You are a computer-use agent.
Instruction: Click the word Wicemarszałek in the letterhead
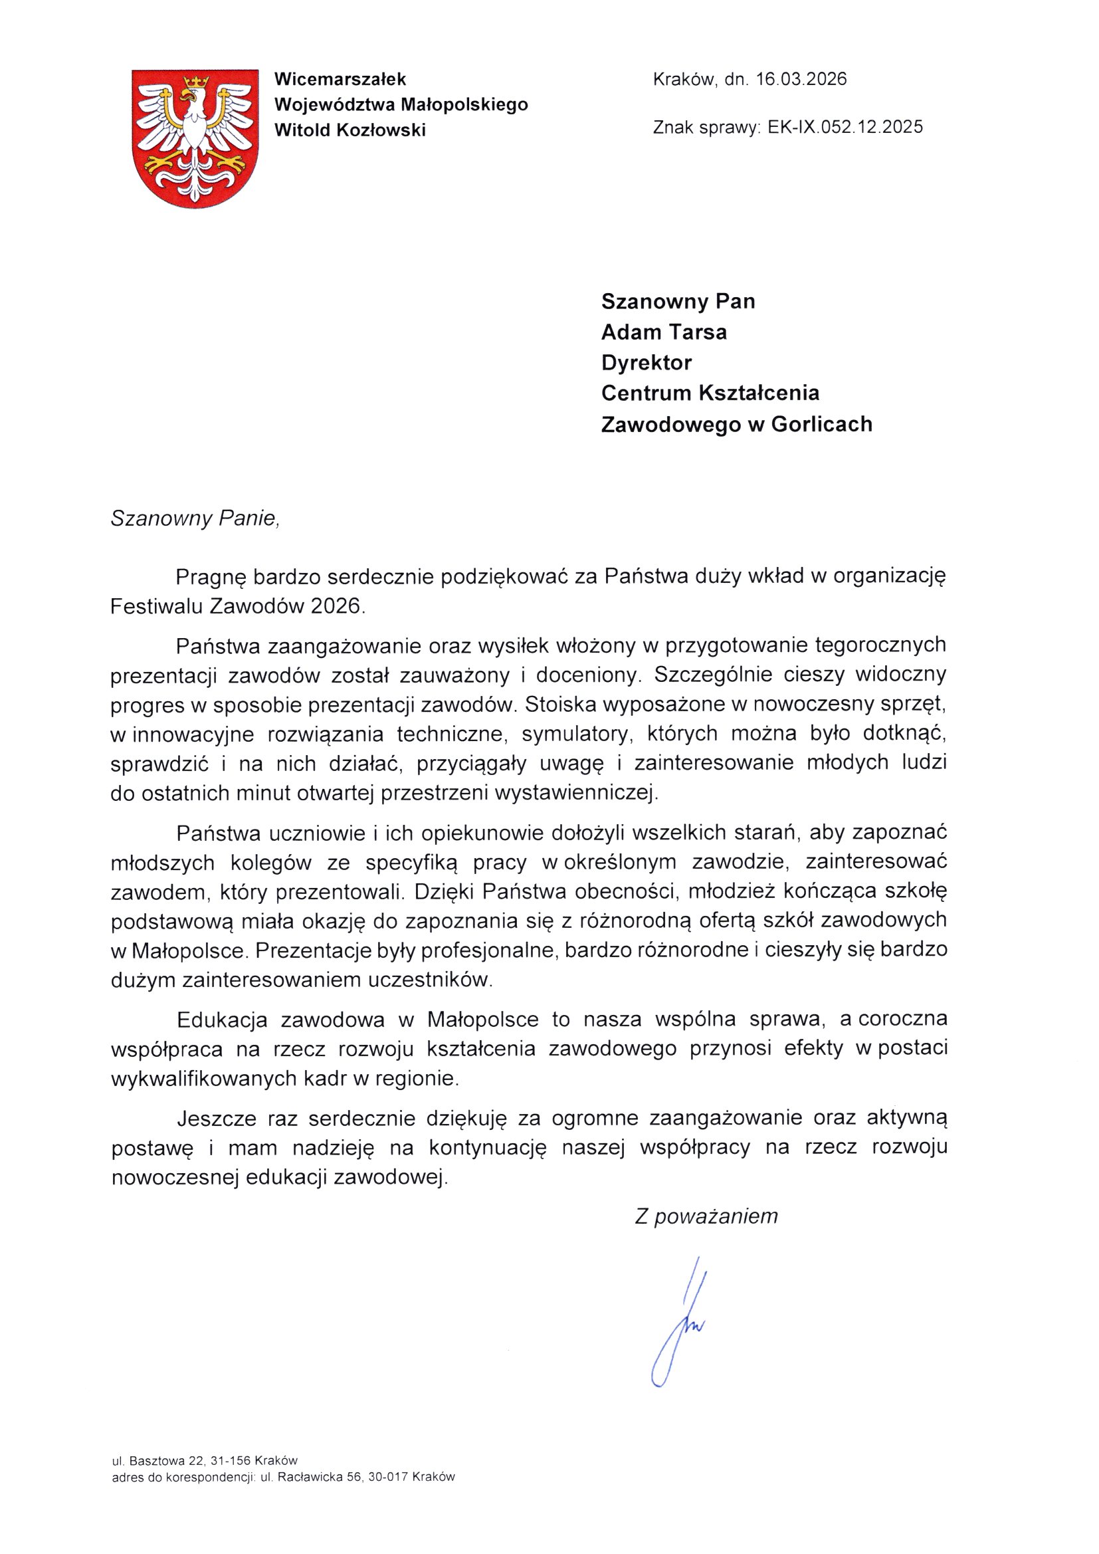click(x=340, y=79)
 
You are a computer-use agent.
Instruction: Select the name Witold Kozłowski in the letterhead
click(x=350, y=130)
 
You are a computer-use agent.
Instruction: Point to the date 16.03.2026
click(x=801, y=79)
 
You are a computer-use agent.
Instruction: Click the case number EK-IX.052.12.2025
click(x=845, y=127)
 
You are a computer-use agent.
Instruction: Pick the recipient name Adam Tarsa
click(x=664, y=332)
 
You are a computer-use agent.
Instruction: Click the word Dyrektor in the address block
click(x=647, y=363)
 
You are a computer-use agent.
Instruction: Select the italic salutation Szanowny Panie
click(x=195, y=518)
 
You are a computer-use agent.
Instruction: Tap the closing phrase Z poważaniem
click(x=706, y=1217)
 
